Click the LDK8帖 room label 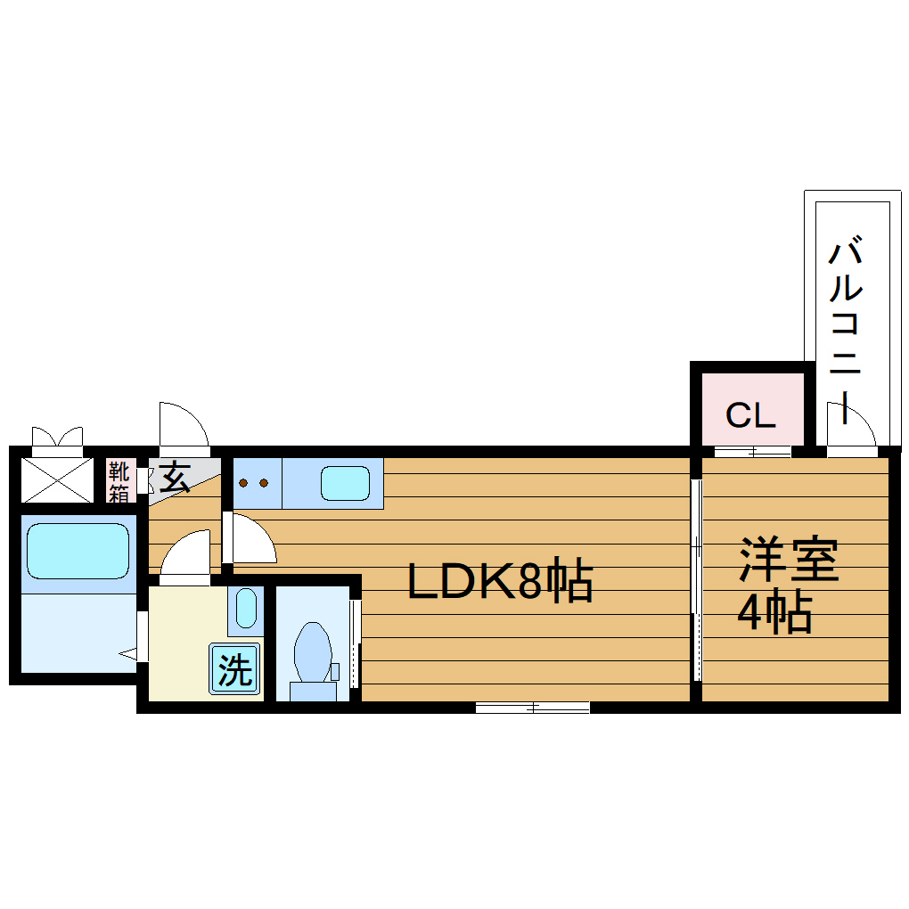point(500,582)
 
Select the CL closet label point(750,414)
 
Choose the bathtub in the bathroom point(78,551)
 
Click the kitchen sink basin point(345,484)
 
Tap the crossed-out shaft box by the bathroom point(56,480)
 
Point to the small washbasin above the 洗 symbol point(245,609)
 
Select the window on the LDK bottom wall point(532,708)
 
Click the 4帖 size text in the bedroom point(774,611)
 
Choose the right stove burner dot point(264,484)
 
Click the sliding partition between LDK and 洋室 point(696,579)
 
